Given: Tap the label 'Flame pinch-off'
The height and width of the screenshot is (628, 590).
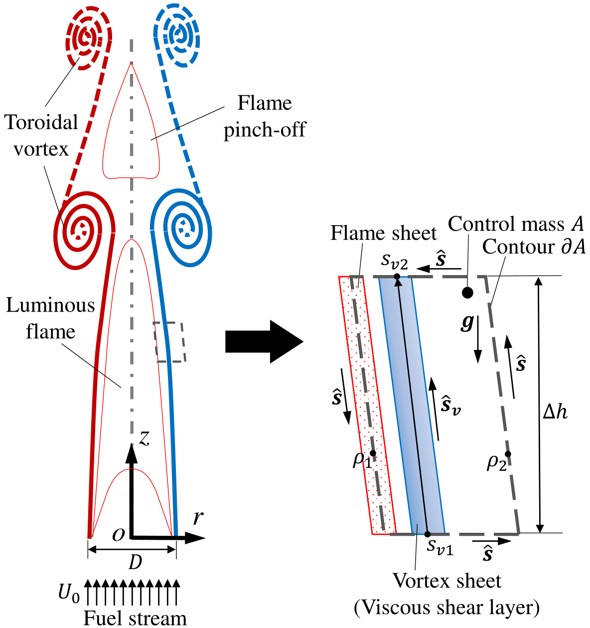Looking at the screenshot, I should point(264,116).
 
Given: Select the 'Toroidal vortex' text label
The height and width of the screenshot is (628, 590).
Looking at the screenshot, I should point(41,135).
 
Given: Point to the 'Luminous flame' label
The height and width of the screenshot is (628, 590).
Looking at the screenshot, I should point(50,318).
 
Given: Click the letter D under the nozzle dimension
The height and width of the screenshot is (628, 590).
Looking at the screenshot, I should point(135,563).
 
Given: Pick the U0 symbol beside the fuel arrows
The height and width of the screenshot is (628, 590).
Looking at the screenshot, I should point(69,593).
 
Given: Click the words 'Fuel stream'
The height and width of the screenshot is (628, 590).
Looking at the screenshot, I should point(135,618).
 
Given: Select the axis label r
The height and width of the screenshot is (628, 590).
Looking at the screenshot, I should point(198,518).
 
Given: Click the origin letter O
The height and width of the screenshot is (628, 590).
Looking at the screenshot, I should point(119,535).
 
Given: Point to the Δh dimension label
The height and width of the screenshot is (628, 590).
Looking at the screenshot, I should point(555,412).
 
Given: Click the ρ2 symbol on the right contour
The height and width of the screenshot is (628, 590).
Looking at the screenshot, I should point(497,463).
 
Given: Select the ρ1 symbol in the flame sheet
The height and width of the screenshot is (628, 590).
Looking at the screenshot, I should point(362,459).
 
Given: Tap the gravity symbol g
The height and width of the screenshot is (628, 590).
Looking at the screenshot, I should point(467,322).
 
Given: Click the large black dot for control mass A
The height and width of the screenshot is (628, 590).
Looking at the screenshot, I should point(467,293).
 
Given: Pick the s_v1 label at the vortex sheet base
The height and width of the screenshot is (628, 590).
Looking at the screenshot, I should point(441,546).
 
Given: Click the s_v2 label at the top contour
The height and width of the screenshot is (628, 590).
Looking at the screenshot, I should point(395,260).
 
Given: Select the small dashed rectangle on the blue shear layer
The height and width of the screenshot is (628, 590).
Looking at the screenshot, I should point(169,342).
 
